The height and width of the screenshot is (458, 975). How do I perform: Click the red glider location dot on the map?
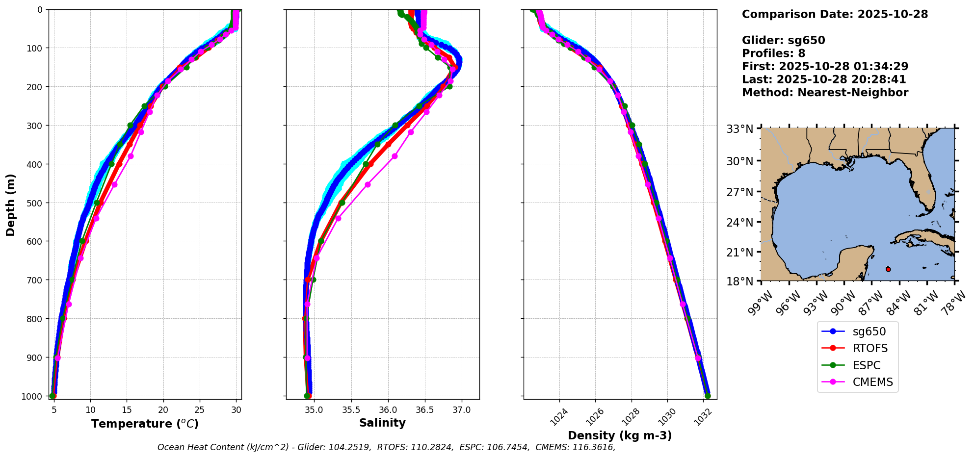click(x=888, y=269)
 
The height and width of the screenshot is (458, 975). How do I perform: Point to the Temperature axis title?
click(x=145, y=424)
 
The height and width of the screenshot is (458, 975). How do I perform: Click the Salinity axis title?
click(x=382, y=423)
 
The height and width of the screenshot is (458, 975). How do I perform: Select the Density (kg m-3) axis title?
click(x=620, y=435)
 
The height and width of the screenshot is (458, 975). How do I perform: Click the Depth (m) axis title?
click(x=11, y=204)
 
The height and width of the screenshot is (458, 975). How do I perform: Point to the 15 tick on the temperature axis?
click(x=127, y=410)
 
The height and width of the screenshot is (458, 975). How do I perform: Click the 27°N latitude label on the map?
click(x=739, y=192)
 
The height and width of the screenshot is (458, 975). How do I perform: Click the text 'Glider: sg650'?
click(x=783, y=40)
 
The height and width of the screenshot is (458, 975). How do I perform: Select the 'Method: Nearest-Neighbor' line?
click(x=825, y=92)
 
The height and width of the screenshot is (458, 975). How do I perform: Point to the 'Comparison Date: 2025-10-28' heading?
click(x=835, y=14)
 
